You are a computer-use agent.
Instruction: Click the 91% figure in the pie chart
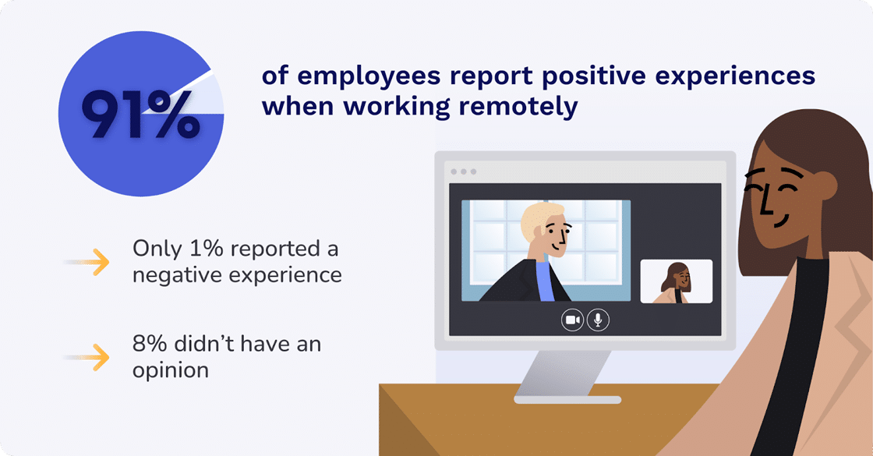(140, 115)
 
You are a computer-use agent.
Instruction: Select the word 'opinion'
(170, 369)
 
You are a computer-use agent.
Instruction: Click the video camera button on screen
(572, 320)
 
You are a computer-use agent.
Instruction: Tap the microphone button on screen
(598, 320)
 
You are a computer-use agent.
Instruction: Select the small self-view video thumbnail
(676, 281)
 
